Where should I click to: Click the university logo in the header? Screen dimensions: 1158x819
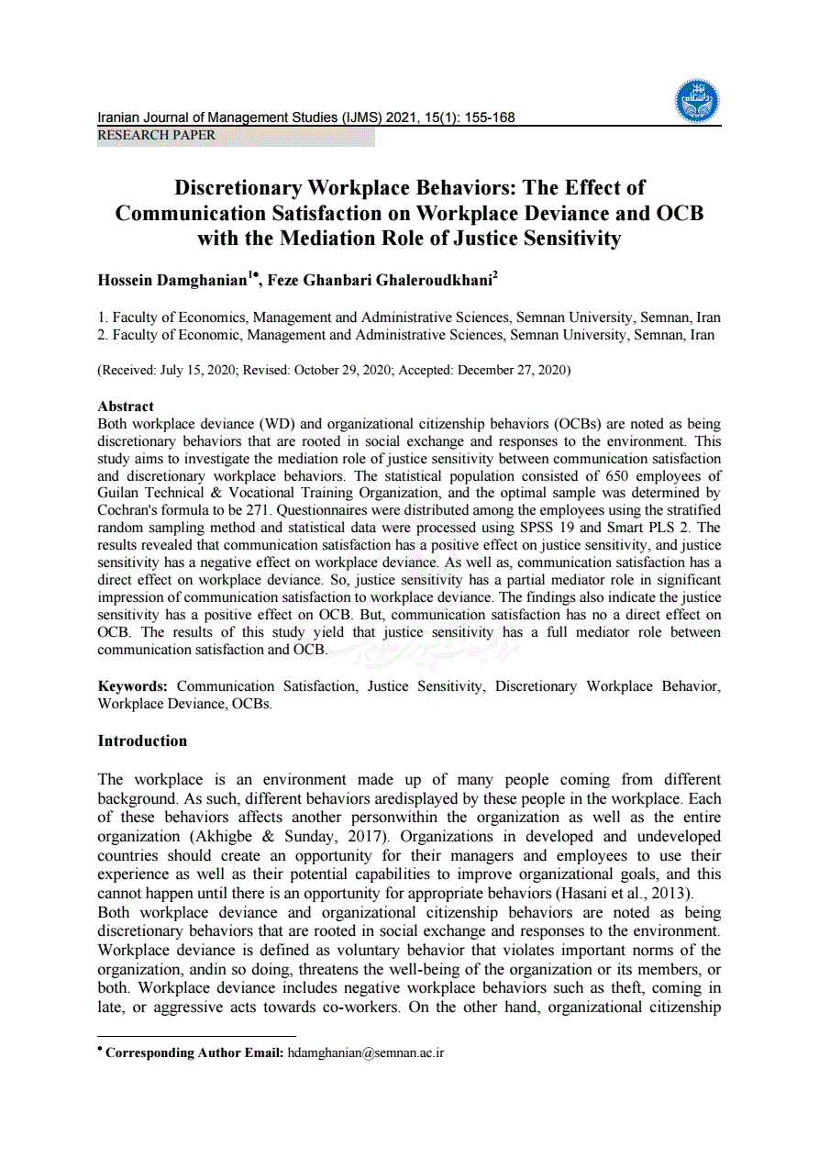(697, 101)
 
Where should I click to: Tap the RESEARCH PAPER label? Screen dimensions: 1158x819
(157, 136)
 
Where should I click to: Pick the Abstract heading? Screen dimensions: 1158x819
(126, 406)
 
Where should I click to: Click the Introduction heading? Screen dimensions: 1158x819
(142, 740)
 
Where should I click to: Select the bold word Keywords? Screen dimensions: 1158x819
(132, 686)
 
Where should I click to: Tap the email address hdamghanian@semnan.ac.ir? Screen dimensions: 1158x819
(366, 1052)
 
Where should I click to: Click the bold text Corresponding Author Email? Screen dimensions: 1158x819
(194, 1052)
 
